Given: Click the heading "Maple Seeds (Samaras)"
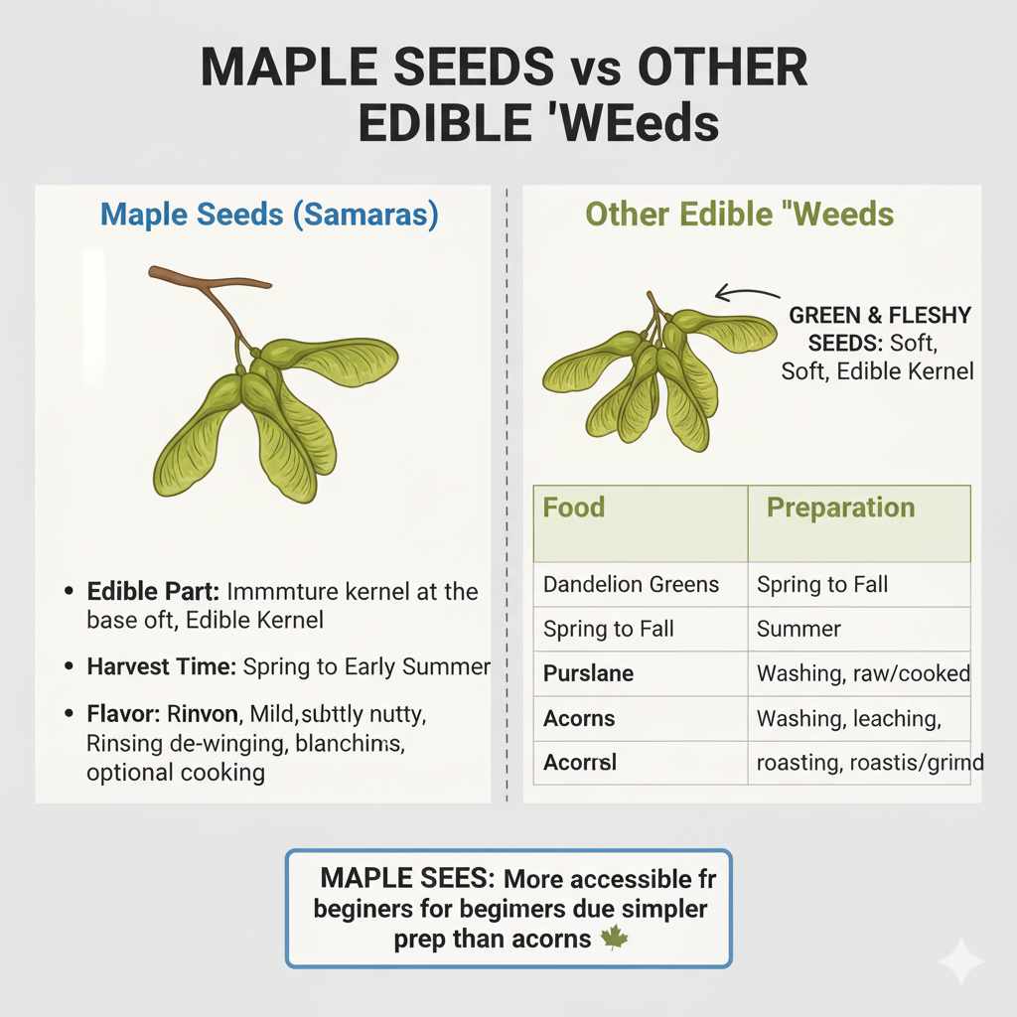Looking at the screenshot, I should tap(269, 216).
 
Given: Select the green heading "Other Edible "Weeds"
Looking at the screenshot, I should tap(739, 215).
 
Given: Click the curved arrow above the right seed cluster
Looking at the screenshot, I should tap(747, 294).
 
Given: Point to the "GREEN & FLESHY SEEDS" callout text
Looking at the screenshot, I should tap(879, 329).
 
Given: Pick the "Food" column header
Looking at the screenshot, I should tap(574, 508).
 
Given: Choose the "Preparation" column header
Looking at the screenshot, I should tap(840, 508).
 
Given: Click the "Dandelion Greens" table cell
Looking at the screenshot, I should tap(631, 584).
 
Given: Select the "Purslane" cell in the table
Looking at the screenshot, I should tap(588, 673).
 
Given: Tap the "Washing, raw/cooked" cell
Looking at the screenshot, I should tap(862, 673).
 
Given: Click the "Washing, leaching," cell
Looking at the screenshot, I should tap(847, 718).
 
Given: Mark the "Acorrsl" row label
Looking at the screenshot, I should tap(580, 763).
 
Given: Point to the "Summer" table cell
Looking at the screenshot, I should tap(799, 629).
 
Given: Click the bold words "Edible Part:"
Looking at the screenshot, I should tap(153, 592).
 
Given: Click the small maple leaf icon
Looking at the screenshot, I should tap(615, 937).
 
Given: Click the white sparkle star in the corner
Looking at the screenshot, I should tap(960, 960).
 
